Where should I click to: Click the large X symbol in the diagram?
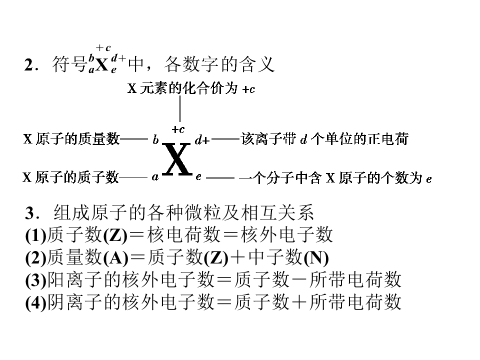176,159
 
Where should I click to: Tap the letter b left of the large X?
155,140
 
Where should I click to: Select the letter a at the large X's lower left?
155,177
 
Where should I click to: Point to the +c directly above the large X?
178,129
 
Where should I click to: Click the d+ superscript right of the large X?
202,140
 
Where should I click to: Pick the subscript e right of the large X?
198,176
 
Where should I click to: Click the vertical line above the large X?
180,109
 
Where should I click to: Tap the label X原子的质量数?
71,139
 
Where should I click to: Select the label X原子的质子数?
71,177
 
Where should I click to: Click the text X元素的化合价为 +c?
191,88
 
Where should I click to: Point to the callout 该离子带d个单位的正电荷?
324,139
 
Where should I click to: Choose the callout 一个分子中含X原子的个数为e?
335,178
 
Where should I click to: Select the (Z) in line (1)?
115,235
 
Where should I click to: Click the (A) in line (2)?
115,258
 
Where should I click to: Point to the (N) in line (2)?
316,258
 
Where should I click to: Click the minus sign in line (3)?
299,280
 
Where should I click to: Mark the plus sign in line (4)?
299,302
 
